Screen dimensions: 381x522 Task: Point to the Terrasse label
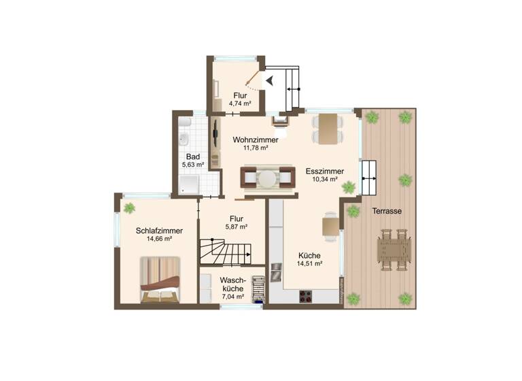pyautogui.click(x=387, y=211)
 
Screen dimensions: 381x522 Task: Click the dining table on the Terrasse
pyautogui.click(x=394, y=249)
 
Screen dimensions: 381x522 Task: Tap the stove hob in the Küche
pyautogui.click(x=305, y=296)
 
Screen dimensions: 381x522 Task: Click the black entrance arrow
pyautogui.click(x=270, y=80)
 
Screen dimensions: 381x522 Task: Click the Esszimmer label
pyautogui.click(x=324, y=171)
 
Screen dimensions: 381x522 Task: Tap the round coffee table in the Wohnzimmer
pyautogui.click(x=268, y=178)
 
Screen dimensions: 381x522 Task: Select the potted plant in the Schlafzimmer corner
pyautogui.click(x=128, y=208)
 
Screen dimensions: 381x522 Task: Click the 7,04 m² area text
pyautogui.click(x=233, y=297)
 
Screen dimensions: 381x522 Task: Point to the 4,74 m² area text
pyautogui.click(x=240, y=104)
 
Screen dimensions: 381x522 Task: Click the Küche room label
pyautogui.click(x=309, y=256)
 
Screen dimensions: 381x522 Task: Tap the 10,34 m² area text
pyautogui.click(x=324, y=180)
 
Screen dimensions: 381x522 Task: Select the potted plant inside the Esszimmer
pyautogui.click(x=349, y=187)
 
